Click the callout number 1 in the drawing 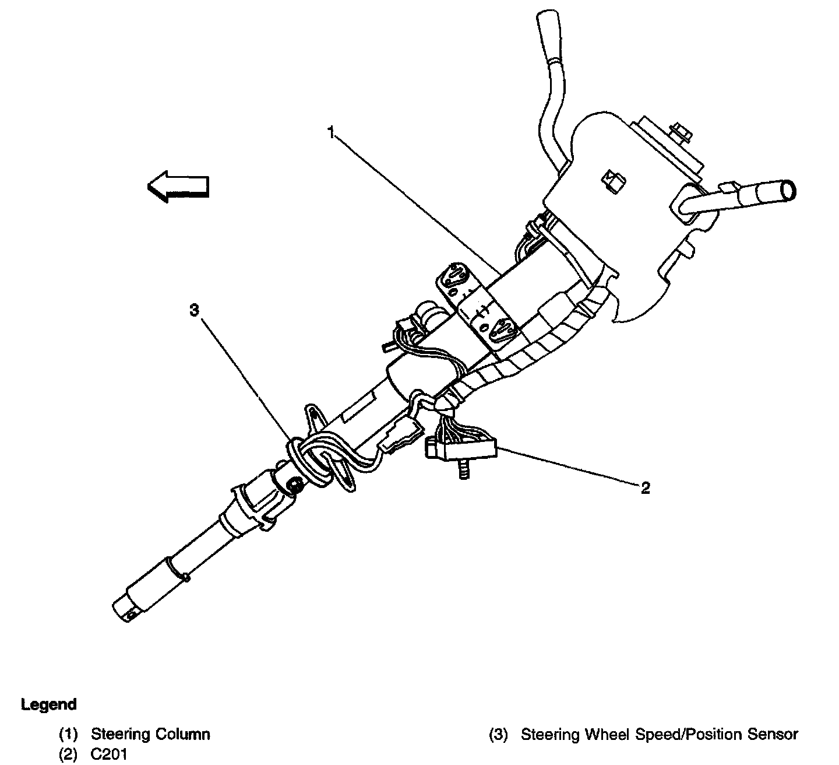coord(330,134)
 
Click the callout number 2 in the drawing coord(645,487)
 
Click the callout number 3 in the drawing coord(194,310)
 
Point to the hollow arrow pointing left coord(178,186)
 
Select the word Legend coord(49,704)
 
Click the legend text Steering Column coord(150,734)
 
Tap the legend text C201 coord(109,754)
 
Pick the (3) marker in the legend coord(499,734)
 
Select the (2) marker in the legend coord(68,754)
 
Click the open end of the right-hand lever coord(788,191)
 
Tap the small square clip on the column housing coord(612,181)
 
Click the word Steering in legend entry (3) coord(549,734)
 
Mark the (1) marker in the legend coord(68,734)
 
